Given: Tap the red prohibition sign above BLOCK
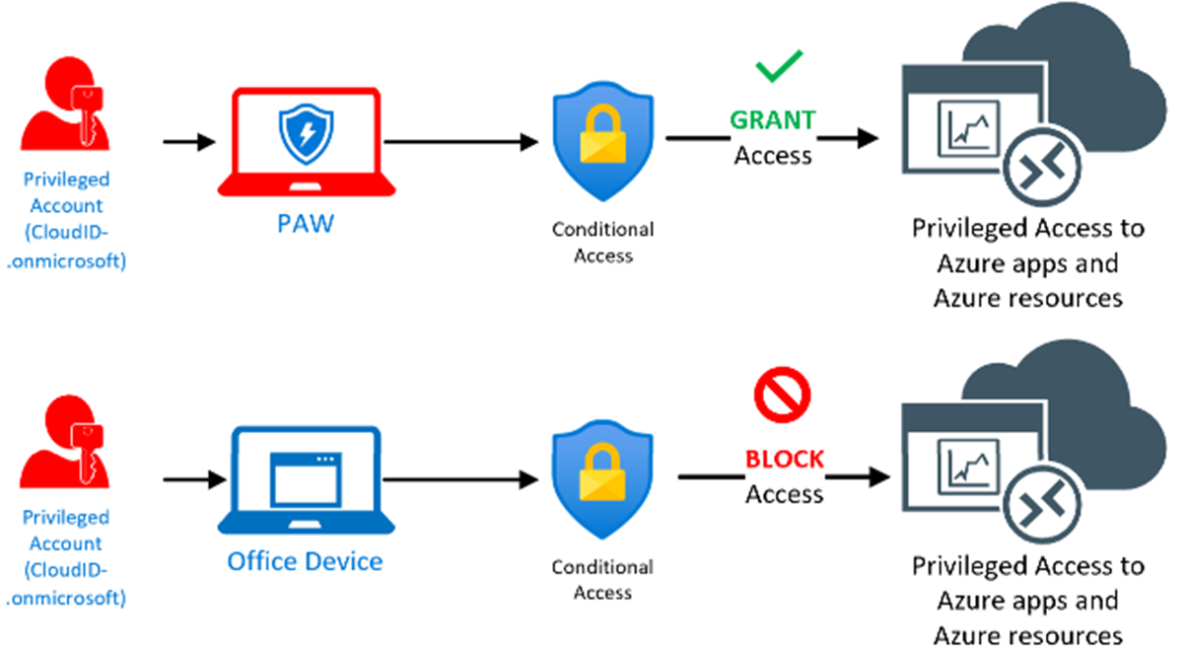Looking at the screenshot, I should [x=782, y=394].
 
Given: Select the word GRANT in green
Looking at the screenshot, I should [x=773, y=120].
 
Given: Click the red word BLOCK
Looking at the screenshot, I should [x=785, y=460].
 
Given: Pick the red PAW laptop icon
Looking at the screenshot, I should [x=306, y=143].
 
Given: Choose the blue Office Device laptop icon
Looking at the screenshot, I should [x=306, y=480].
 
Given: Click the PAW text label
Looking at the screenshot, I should [x=304, y=223].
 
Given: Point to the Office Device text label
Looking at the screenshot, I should [x=305, y=561].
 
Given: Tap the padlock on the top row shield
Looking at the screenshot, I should [x=602, y=139].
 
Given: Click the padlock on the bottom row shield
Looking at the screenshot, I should [x=602, y=476].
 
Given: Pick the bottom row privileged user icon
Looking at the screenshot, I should [x=65, y=452].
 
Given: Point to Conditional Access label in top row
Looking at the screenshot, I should [x=602, y=242].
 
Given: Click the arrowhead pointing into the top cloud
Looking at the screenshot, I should [x=868, y=138].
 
